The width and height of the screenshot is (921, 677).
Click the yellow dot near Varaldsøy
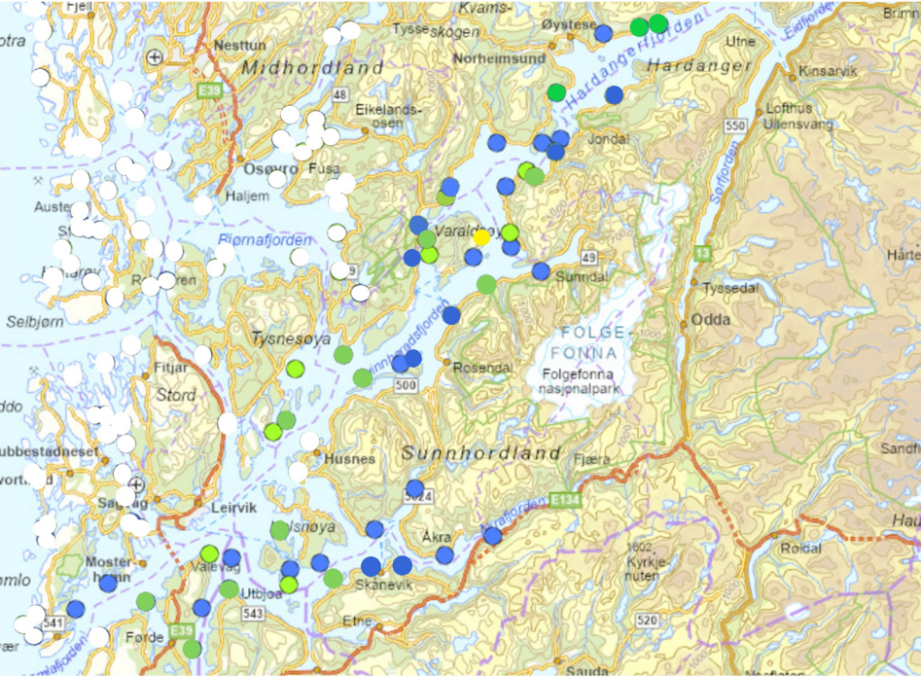click(481, 237)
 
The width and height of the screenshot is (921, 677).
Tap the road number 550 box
click(734, 126)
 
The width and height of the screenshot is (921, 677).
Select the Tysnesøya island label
click(292, 338)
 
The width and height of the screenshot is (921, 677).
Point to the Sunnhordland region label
click(481, 453)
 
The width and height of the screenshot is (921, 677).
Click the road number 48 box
click(339, 94)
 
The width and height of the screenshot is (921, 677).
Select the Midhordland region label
click(313, 69)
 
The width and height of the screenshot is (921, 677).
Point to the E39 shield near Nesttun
click(206, 91)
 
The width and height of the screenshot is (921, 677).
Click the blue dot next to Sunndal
click(541, 271)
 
